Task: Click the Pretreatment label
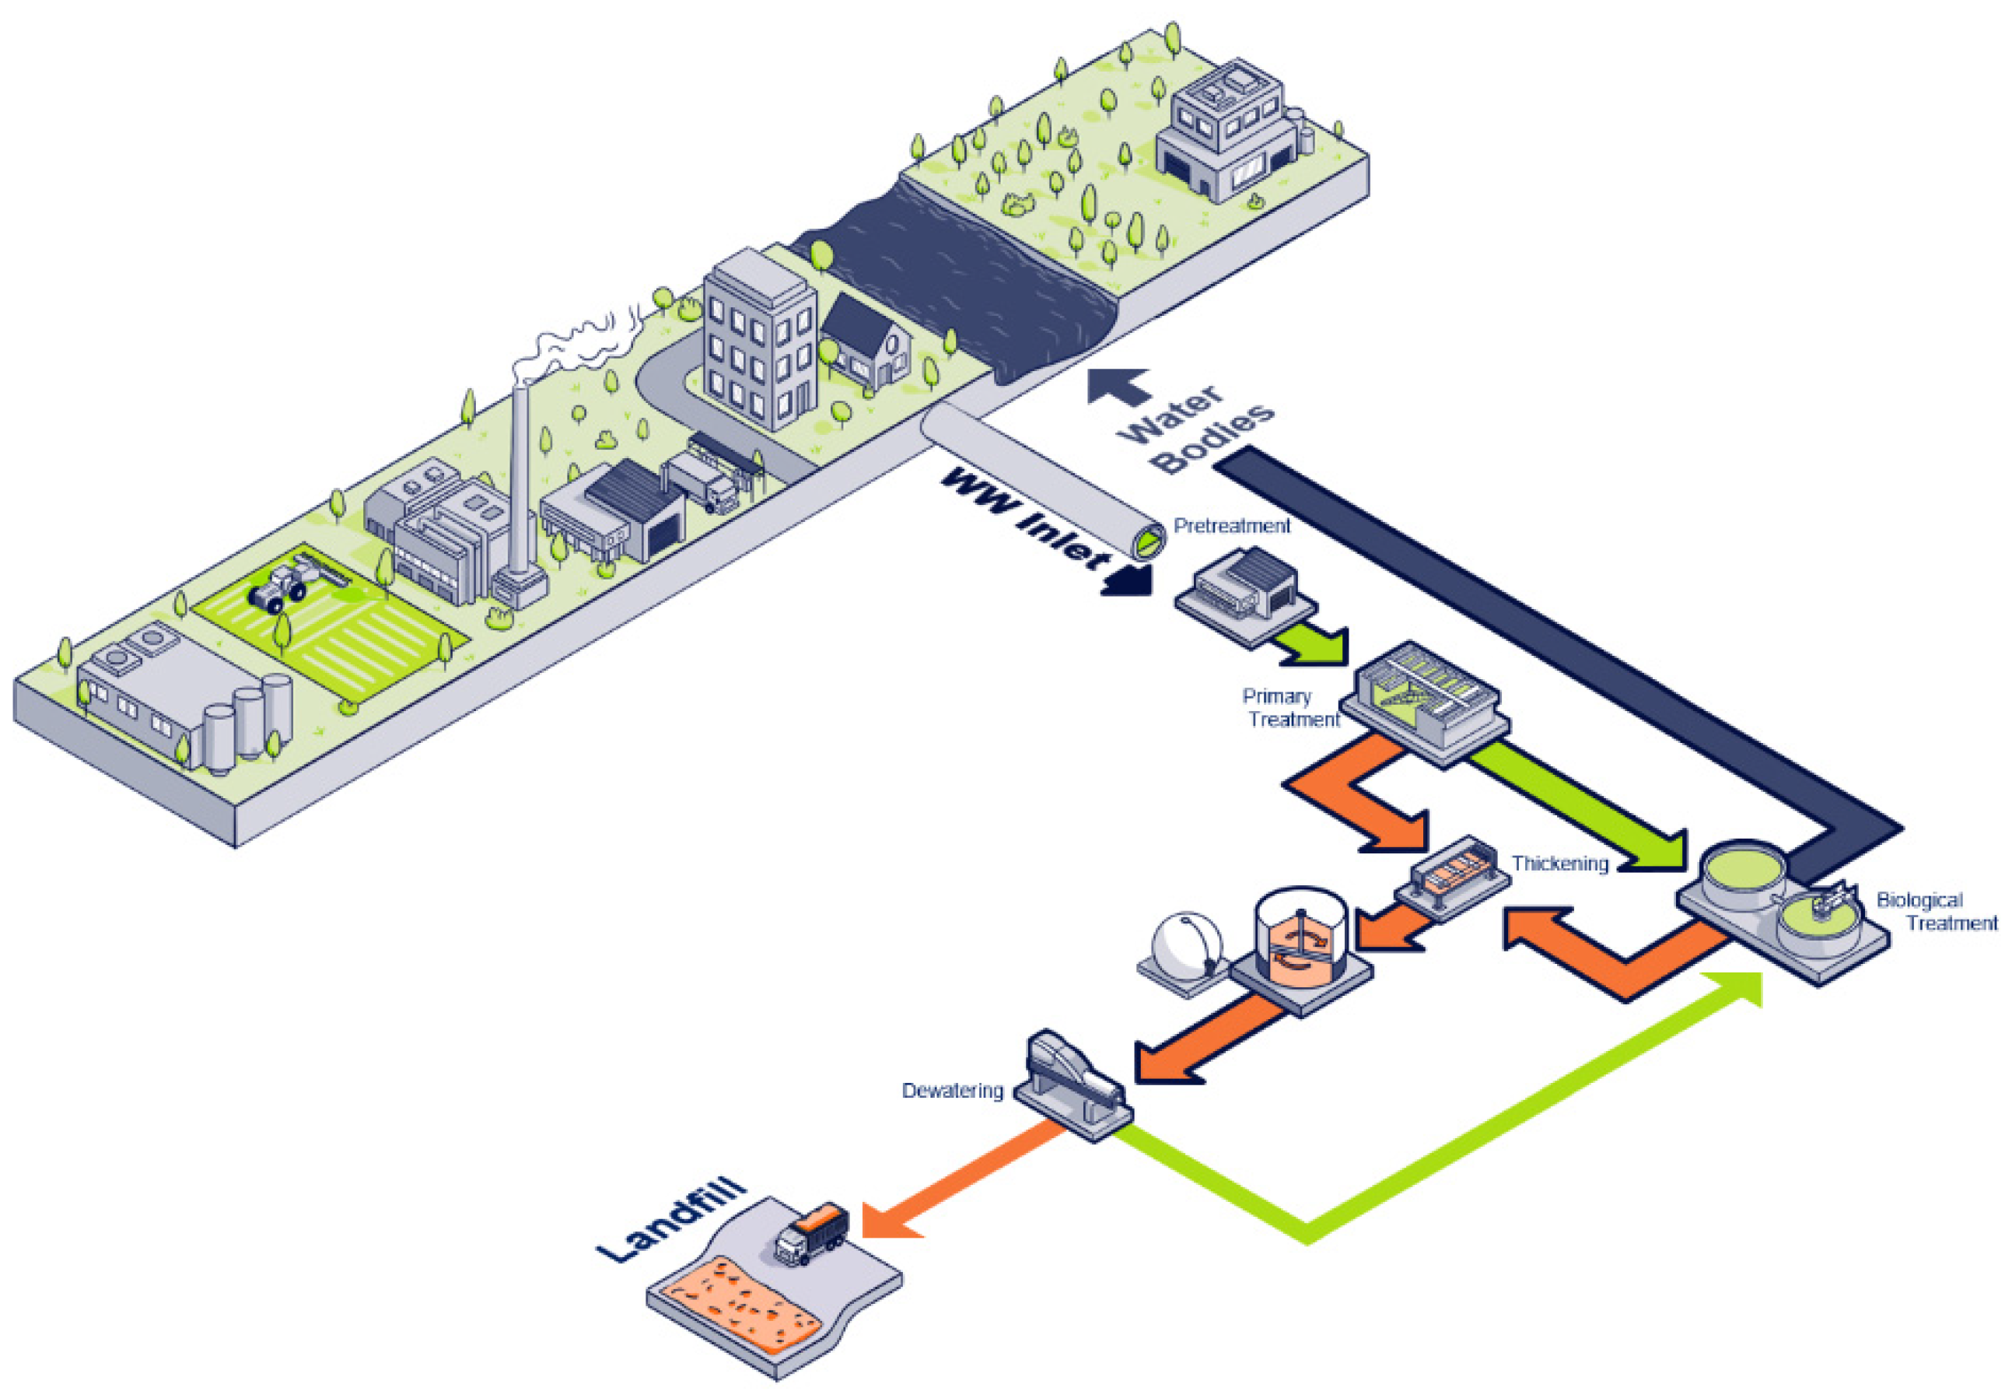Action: (x=1231, y=526)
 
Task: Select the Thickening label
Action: (x=1559, y=864)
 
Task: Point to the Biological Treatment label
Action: (x=1935, y=911)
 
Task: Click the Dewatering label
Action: (x=952, y=1091)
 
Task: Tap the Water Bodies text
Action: (x=1195, y=429)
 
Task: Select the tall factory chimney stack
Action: (x=520, y=482)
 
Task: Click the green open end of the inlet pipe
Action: (x=1149, y=545)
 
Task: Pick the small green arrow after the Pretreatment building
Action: (x=1314, y=642)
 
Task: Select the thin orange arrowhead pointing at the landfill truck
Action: (x=889, y=1219)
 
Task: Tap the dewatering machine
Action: (x=1075, y=1082)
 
